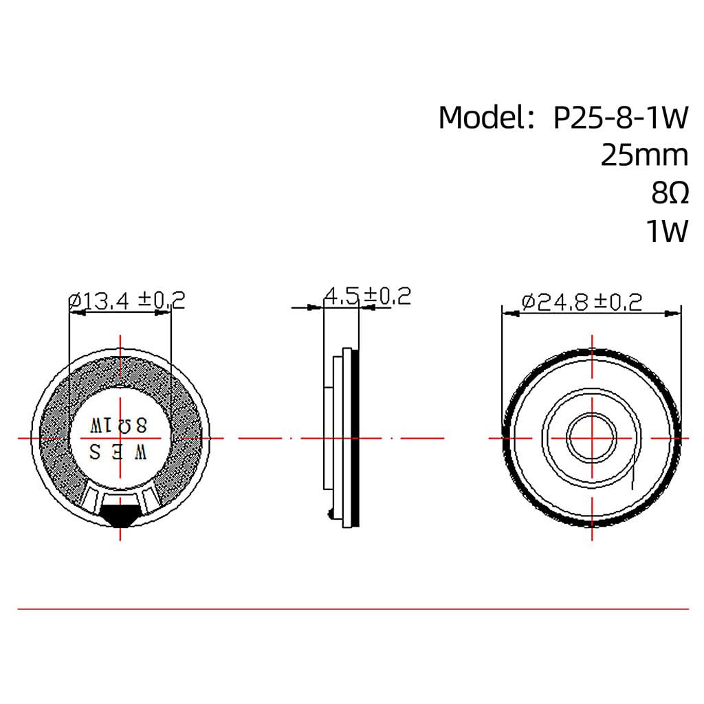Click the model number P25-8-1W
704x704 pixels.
(x=620, y=118)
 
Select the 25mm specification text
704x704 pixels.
(x=644, y=155)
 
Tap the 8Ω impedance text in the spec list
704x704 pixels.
(x=669, y=194)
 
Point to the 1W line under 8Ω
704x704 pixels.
(x=666, y=232)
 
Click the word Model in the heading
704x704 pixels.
(x=481, y=118)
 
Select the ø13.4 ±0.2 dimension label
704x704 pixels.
(x=127, y=300)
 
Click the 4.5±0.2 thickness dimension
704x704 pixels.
(x=367, y=296)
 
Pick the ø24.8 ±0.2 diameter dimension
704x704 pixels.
(x=582, y=302)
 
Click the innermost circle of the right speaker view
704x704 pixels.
(x=591, y=438)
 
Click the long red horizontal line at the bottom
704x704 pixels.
(x=352, y=608)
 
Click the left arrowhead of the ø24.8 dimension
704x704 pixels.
(x=511, y=313)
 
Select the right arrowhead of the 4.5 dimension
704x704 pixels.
(x=365, y=307)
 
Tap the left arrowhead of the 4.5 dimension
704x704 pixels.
(x=318, y=307)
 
